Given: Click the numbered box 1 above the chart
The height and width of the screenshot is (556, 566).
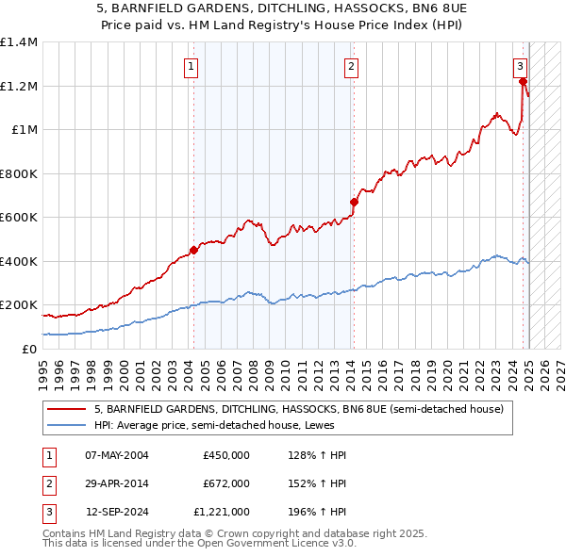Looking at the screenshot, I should (x=191, y=66).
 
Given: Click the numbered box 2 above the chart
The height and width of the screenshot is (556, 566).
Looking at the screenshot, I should (x=351, y=66).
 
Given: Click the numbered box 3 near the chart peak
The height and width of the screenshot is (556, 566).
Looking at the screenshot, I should (x=520, y=66).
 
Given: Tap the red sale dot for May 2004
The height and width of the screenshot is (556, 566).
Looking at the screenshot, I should (x=193, y=251).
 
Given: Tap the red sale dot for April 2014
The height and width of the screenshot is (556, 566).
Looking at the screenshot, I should (x=354, y=202).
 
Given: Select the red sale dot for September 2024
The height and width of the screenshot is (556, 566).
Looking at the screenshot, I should (x=522, y=82).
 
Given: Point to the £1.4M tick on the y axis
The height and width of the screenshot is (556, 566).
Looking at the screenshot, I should (x=19, y=42).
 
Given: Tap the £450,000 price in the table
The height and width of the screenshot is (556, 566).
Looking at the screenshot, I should (x=225, y=455).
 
